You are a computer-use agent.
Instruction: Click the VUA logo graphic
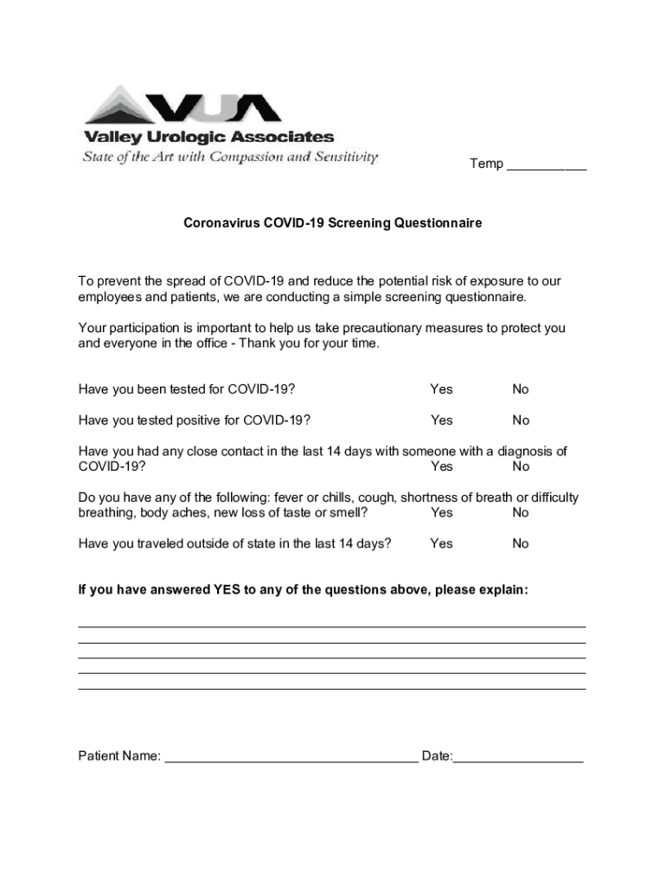183,106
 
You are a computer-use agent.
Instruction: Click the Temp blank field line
546,166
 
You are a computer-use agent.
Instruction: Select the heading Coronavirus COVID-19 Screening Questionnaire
332,223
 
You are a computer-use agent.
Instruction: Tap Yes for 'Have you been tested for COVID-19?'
441,389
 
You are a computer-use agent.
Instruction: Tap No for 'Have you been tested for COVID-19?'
520,389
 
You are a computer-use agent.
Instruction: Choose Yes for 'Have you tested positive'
441,421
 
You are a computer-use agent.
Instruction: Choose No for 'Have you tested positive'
520,421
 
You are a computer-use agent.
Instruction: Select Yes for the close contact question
441,466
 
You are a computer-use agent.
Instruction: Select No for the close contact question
520,466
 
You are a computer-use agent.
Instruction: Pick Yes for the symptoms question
441,512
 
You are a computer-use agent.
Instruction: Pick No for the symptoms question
520,512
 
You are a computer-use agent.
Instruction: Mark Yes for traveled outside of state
441,543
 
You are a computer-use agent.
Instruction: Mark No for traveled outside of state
520,543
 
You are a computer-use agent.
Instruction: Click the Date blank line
518,760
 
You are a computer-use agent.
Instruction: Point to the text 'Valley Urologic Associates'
208,138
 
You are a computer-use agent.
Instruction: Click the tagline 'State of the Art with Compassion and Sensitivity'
230,157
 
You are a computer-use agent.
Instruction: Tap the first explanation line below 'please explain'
332,625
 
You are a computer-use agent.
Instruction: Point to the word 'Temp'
486,164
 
